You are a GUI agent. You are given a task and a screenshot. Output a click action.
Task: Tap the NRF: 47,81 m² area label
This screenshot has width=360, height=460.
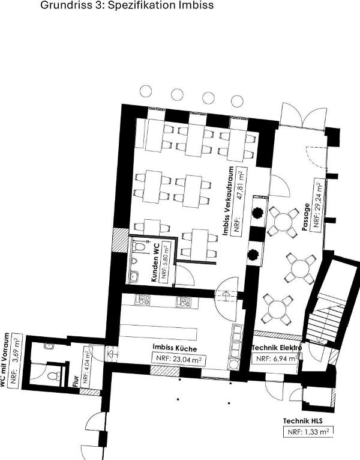[x=239, y=201]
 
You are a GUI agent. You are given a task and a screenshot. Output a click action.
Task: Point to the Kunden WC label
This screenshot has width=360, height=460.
[x=155, y=262]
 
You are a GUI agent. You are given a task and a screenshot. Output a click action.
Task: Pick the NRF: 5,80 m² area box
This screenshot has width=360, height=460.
[x=166, y=262]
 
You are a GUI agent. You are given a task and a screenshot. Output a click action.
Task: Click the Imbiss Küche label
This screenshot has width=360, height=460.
[x=175, y=348]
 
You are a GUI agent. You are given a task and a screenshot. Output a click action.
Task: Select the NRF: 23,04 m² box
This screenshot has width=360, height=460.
[x=178, y=359]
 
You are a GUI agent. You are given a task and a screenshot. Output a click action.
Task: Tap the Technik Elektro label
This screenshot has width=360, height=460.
[x=277, y=348]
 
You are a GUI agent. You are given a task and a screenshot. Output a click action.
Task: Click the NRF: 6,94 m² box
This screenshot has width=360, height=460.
[x=276, y=359]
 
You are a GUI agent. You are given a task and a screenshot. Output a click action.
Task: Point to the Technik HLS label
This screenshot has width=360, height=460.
[x=303, y=421]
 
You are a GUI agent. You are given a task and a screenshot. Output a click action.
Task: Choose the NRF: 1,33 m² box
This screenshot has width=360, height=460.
[x=308, y=432]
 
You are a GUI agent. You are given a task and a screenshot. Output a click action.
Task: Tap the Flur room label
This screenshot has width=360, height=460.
[x=76, y=382]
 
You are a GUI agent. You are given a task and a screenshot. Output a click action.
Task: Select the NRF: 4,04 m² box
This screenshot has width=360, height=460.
[x=88, y=366]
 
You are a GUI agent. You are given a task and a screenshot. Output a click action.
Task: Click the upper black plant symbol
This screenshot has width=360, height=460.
[x=257, y=213]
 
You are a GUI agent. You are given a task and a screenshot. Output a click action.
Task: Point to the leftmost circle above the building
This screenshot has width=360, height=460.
[x=146, y=91]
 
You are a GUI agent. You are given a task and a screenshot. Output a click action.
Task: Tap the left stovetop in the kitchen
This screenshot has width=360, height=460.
[x=143, y=300]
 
